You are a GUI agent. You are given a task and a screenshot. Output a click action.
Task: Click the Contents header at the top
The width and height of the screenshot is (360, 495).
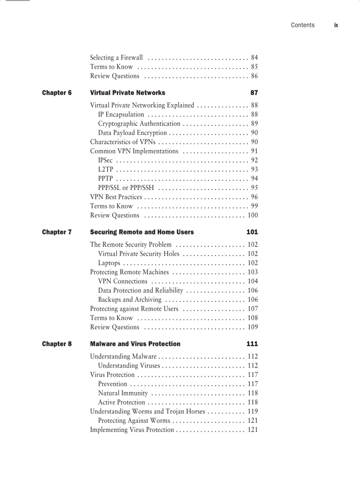(303, 25)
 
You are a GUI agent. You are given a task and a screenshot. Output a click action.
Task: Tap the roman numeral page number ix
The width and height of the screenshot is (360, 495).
(336, 25)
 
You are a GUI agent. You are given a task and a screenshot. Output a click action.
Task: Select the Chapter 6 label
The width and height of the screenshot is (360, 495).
(57, 93)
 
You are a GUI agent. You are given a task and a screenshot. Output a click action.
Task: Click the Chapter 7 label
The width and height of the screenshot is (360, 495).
(57, 232)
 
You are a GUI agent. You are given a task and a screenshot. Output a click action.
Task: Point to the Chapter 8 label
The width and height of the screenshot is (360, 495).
(57, 344)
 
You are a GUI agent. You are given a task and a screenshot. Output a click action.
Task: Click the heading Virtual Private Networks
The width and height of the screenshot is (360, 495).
(127, 93)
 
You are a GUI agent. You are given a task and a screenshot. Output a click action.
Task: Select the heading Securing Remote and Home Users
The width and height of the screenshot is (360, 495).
(142, 232)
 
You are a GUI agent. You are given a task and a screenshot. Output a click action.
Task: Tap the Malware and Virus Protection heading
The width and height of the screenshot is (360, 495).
(135, 344)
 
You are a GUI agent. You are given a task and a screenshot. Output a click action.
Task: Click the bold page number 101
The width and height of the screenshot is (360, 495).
(252, 232)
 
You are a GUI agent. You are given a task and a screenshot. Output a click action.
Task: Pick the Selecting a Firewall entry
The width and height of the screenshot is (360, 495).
(116, 58)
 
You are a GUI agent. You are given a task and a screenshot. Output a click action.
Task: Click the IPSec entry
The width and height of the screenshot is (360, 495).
(105, 160)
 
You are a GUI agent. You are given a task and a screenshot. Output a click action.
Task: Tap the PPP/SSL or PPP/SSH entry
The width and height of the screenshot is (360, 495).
(126, 188)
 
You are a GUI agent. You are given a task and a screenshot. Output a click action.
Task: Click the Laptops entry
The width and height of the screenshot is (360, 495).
(109, 263)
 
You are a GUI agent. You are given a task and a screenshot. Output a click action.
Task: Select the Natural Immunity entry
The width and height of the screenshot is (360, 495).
(123, 393)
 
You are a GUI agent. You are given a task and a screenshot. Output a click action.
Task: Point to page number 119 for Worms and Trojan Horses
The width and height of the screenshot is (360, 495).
(252, 412)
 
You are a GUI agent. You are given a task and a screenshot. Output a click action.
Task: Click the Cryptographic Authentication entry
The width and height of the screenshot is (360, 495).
(139, 124)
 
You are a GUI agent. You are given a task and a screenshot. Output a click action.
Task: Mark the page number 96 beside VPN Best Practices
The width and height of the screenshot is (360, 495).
(254, 197)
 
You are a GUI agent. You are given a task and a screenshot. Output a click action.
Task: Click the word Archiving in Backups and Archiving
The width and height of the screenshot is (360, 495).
(148, 300)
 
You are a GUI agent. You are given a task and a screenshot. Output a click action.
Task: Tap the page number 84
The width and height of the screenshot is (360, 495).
(254, 58)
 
